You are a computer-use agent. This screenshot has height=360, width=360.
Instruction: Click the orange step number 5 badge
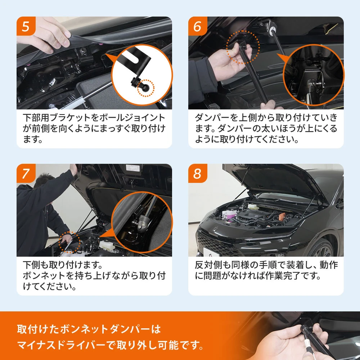pyautogui.click(x=26, y=26)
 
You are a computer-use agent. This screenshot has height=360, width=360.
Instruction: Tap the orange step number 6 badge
pyautogui.click(x=198, y=26)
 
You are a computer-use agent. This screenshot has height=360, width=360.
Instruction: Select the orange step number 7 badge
pyautogui.click(x=26, y=174)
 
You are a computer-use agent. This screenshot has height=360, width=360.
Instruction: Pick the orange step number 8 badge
pyautogui.click(x=198, y=174)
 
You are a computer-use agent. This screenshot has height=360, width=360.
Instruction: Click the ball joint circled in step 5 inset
pyautogui.click(x=146, y=87)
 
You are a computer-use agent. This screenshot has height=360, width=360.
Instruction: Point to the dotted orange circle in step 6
pyautogui.click(x=243, y=48)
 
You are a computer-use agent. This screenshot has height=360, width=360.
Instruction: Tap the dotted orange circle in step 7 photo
pyautogui.click(x=69, y=242)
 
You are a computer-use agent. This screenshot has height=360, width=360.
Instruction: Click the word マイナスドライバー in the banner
pyautogui.click(x=61, y=345)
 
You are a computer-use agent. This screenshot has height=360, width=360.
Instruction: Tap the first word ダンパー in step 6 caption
pyautogui.click(x=212, y=118)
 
